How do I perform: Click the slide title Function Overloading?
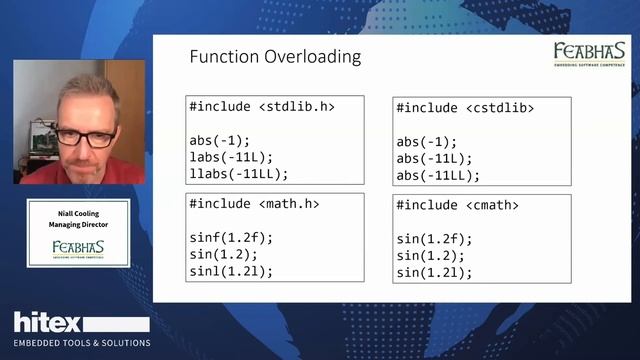275,57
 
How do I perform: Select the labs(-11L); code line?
230,156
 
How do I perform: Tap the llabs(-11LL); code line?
238,173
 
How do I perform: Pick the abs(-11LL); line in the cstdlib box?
438,175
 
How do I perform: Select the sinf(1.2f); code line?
230,237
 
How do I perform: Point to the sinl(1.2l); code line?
230,270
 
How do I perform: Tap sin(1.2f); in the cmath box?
433,239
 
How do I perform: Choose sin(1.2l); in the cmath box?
433,272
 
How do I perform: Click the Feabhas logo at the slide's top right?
589,54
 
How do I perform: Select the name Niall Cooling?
78,213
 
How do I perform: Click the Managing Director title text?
78,225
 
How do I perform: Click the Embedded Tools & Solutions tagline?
82,343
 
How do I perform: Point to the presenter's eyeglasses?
85,137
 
